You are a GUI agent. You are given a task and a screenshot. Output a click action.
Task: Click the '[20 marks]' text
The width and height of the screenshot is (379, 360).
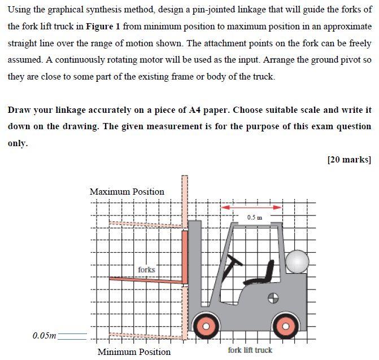tap(348, 159)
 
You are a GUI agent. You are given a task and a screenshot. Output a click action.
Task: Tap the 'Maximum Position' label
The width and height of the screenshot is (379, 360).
tap(127, 192)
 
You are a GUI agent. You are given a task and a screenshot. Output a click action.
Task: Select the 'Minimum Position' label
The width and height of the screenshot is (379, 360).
tap(134, 352)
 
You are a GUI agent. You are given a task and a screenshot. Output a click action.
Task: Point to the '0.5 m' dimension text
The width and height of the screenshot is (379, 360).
tap(254, 217)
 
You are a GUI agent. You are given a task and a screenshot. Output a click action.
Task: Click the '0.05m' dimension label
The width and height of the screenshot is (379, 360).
tap(44, 336)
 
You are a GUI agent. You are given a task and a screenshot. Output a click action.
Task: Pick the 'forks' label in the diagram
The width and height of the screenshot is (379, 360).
tap(146, 270)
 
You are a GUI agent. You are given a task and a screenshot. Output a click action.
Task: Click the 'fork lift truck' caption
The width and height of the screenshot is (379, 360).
tap(250, 350)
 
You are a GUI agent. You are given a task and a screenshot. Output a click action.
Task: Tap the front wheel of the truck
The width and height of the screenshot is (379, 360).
tap(206, 326)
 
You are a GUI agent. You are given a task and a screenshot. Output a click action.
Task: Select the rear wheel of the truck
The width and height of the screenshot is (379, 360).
tap(285, 326)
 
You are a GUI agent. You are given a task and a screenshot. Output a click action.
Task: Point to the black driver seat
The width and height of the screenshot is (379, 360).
tap(269, 273)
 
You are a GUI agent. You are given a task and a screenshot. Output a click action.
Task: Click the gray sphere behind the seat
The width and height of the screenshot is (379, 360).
tap(297, 261)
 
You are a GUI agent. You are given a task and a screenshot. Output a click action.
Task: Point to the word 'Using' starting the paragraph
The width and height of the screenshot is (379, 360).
tap(20, 10)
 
